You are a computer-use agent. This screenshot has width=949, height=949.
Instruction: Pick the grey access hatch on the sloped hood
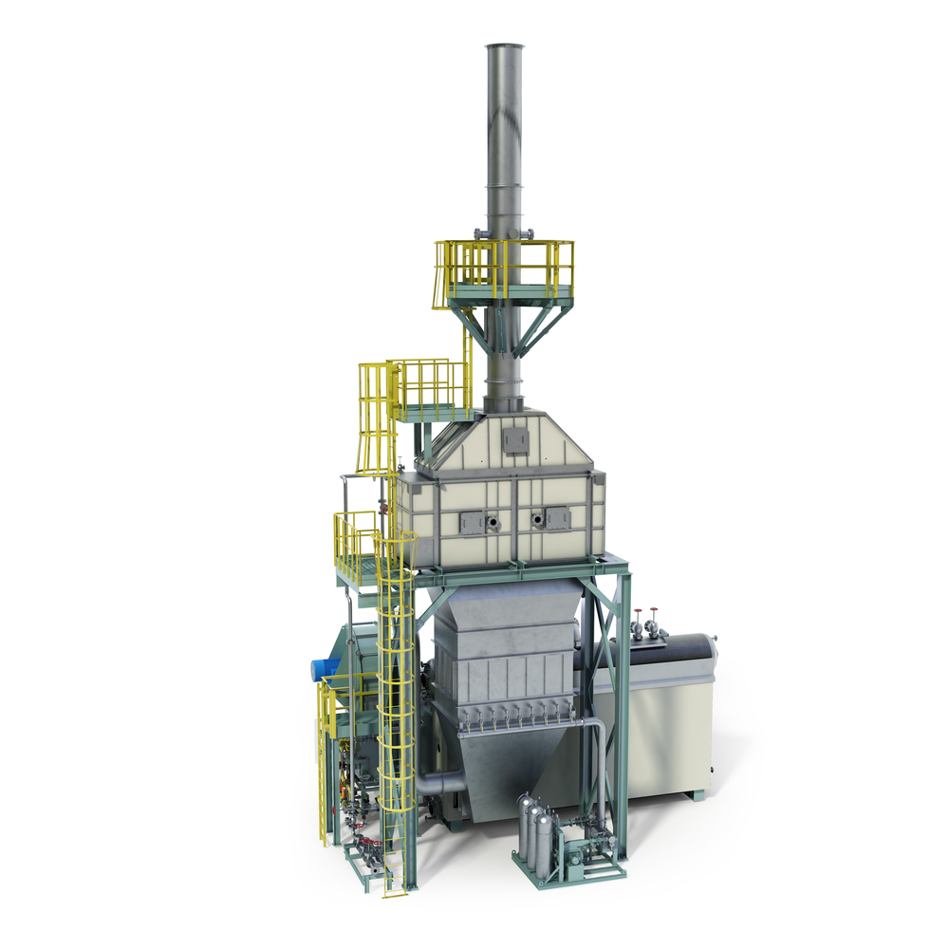pos(516,439)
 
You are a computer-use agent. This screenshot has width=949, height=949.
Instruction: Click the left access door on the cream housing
pos(472,520)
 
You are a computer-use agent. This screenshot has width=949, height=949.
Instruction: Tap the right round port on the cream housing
pos(537,519)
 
